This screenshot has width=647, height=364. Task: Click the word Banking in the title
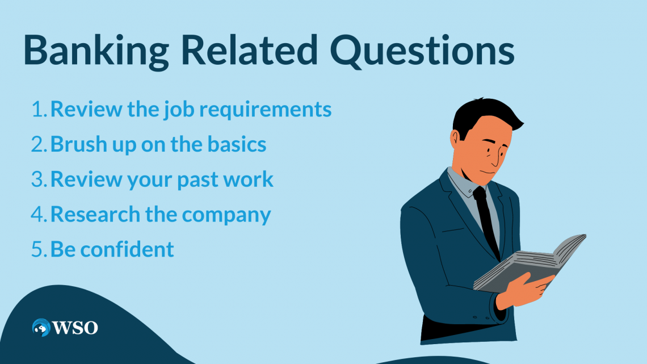click(96, 51)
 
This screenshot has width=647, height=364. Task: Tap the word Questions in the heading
click(422, 51)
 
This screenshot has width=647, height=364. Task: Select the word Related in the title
click(249, 50)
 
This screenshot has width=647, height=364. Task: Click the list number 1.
click(39, 110)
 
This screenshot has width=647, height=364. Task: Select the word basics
click(237, 144)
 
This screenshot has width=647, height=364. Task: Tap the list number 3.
click(39, 179)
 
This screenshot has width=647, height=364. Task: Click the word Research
click(95, 214)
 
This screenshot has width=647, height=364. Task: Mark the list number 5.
click(39, 249)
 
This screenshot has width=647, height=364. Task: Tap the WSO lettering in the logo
click(75, 328)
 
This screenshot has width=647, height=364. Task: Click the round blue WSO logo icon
click(41, 328)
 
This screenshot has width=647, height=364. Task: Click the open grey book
click(530, 263)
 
